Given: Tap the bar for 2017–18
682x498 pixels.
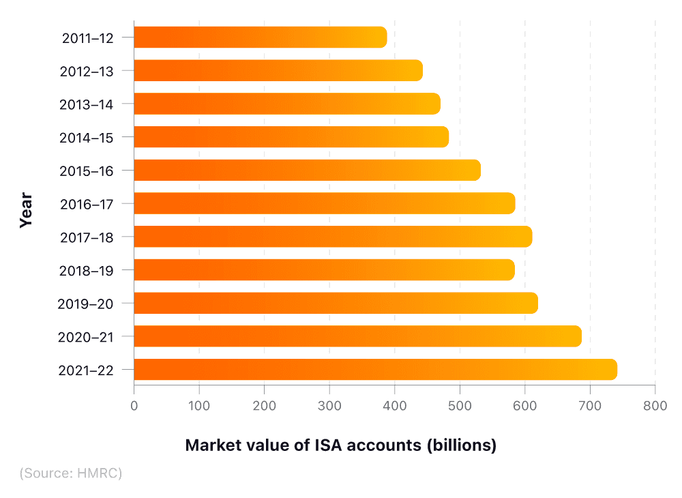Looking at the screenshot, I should click(333, 237).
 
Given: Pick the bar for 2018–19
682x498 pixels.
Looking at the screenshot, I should click(324, 270).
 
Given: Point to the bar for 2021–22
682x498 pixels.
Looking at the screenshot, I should click(375, 370).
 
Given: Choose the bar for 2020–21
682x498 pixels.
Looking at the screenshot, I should click(357, 336).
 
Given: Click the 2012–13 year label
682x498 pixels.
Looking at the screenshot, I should click(87, 71).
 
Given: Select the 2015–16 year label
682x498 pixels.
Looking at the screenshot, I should click(87, 171).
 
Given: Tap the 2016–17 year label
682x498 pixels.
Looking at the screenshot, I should click(87, 203).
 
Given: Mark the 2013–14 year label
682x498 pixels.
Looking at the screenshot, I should click(87, 104).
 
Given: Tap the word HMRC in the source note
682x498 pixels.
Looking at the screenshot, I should click(96, 473).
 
